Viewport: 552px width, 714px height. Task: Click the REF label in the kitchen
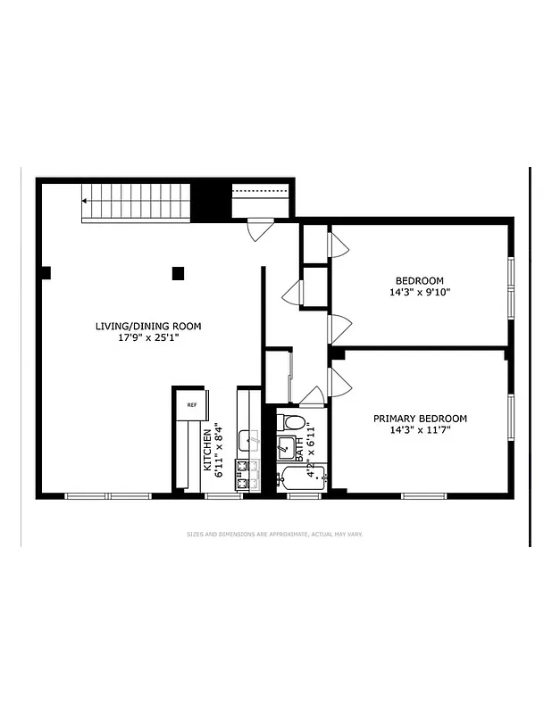pos(190,404)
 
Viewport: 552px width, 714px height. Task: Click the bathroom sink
pos(287,447)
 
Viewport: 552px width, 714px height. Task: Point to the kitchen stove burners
pos(241,475)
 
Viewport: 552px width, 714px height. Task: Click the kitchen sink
pos(249,439)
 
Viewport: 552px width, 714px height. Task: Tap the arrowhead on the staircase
pos(85,202)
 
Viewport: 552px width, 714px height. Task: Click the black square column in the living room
pos(179,273)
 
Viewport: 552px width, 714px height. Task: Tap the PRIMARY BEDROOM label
pos(420,418)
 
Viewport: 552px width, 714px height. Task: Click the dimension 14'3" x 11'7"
pos(420,430)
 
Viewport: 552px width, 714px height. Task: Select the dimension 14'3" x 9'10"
pos(419,292)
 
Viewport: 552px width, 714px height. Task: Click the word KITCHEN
pos(206,449)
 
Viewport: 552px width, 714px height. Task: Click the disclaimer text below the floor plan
pos(274,535)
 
